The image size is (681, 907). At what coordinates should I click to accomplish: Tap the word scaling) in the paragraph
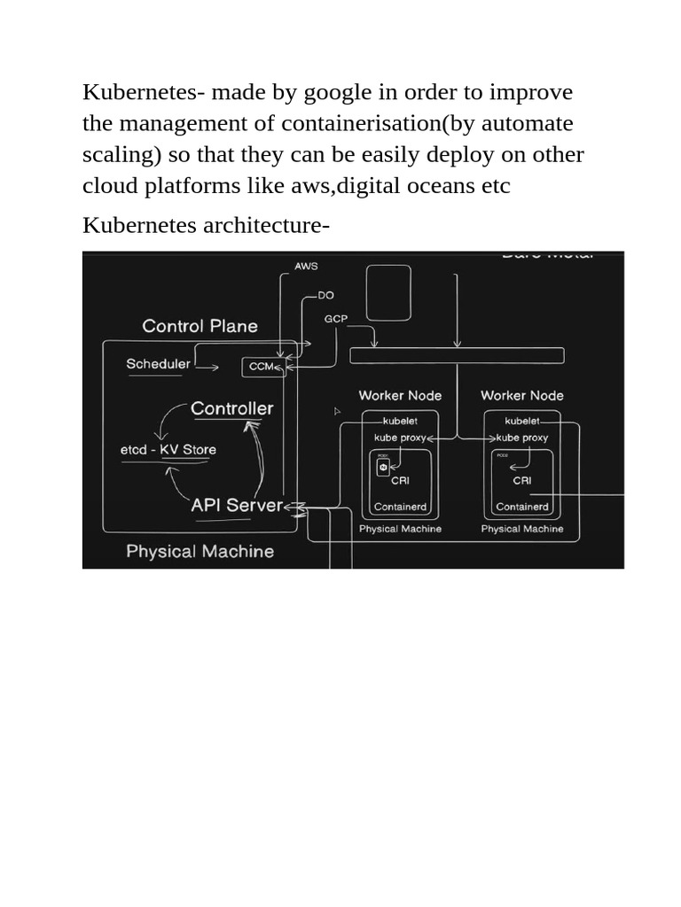(121, 155)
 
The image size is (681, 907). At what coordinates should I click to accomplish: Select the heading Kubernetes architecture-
(206, 225)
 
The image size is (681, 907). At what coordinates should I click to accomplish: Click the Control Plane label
(200, 326)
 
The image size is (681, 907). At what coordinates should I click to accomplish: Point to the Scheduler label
(158, 364)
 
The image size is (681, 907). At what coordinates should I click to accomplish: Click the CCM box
(263, 367)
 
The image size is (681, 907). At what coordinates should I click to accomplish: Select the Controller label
(231, 408)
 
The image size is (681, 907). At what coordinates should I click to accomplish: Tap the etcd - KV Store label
(168, 449)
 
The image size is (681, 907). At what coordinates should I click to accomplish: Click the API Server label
(237, 506)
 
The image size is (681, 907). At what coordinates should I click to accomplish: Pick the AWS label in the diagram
(306, 267)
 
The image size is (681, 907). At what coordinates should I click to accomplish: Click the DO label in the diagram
(326, 296)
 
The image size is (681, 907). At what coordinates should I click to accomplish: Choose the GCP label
(336, 318)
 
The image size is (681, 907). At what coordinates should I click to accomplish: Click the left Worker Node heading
(400, 396)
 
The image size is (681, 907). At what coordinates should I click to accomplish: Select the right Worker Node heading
(522, 396)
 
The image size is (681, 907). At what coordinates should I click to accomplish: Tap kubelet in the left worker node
(400, 422)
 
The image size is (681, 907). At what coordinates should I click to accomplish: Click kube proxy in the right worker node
(522, 438)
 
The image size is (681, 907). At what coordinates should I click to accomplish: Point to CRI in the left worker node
(400, 481)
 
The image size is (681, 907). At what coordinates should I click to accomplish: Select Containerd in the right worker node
(522, 507)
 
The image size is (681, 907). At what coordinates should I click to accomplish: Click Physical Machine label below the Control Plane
(200, 551)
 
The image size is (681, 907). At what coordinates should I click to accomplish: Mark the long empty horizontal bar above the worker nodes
(457, 356)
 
